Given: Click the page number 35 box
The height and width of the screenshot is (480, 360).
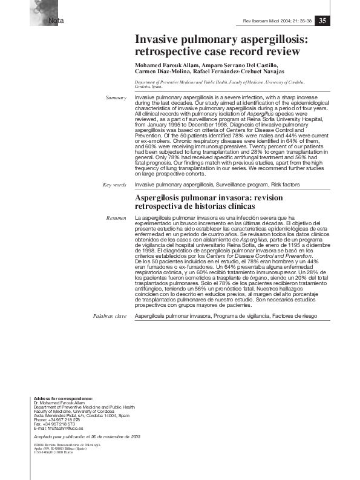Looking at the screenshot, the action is pyautogui.click(x=322, y=20).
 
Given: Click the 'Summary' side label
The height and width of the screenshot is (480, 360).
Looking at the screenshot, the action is pyautogui.click(x=116, y=97).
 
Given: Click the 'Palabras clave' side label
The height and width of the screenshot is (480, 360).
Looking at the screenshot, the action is pyautogui.click(x=110, y=316).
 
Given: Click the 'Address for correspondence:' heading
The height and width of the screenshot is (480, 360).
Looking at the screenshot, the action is pyautogui.click(x=64, y=398).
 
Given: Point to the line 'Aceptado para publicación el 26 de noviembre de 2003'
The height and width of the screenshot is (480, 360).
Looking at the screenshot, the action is pyautogui.click(x=79, y=436).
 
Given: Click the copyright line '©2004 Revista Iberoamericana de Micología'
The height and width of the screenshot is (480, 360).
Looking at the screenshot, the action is pyautogui.click(x=67, y=445).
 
